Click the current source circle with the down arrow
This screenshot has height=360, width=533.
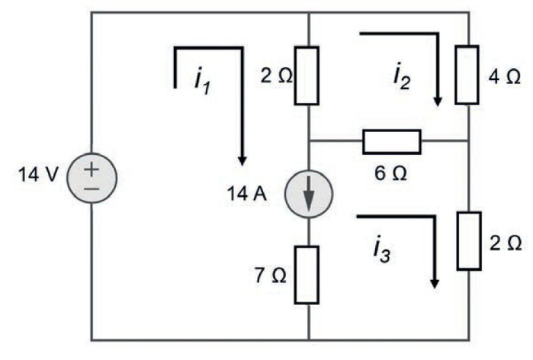tap(309, 198)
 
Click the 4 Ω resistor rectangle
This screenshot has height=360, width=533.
tap(467, 74)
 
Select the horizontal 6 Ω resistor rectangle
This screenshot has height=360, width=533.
tap(391, 140)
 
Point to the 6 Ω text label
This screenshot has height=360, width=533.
tap(390, 172)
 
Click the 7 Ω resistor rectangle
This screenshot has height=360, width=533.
tap(308, 275)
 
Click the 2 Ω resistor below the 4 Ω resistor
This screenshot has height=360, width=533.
tap(469, 241)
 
